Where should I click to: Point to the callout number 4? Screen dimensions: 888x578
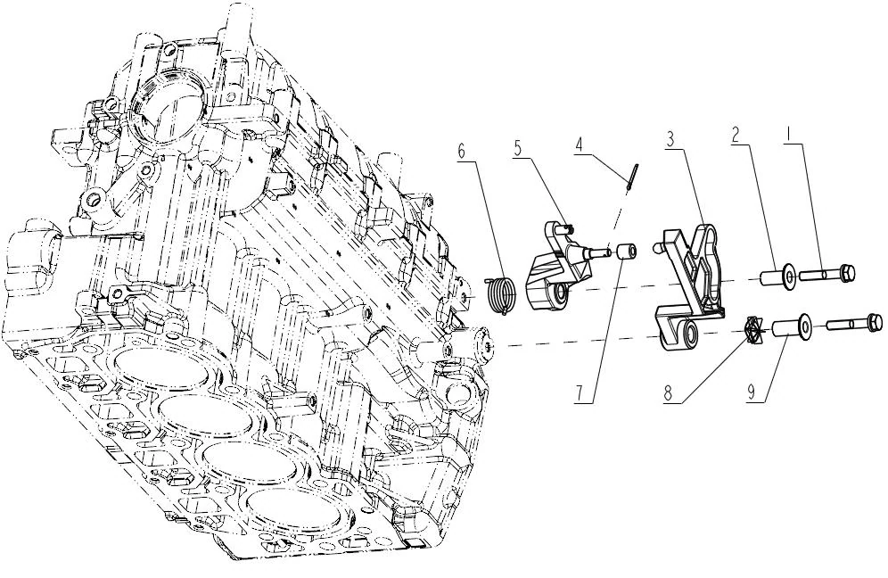pos(579,144)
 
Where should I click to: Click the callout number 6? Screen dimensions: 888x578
pos(462,152)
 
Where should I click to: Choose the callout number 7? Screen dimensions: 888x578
pos(579,394)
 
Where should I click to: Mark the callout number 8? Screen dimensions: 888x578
pos(669,394)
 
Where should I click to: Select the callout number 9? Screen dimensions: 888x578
pos(752,392)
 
